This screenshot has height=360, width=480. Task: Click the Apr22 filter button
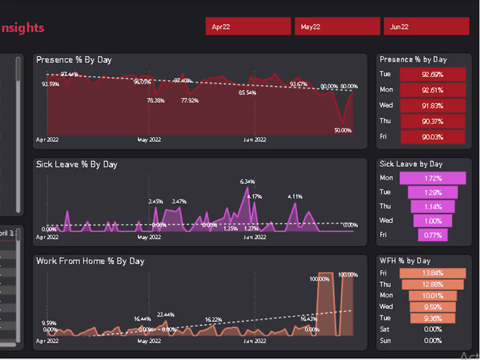(x=248, y=26)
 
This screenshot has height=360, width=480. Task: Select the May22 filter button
(x=337, y=26)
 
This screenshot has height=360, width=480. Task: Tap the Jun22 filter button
(x=426, y=26)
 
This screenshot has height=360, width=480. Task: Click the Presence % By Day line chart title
(x=74, y=60)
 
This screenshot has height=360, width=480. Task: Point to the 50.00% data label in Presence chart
(x=343, y=130)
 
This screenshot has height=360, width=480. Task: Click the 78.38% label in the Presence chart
(x=156, y=100)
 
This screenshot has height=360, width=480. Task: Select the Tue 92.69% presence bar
(x=432, y=74)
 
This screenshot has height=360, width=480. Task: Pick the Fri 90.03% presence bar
(x=432, y=137)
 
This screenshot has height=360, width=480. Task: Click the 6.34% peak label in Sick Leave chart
(x=247, y=182)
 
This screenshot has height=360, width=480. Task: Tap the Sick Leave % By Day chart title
(x=76, y=165)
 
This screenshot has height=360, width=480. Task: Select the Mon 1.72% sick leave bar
(x=432, y=178)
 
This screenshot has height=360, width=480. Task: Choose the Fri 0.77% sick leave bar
(x=432, y=235)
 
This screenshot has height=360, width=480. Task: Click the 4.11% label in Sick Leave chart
(x=295, y=197)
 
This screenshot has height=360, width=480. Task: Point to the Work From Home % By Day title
(x=90, y=261)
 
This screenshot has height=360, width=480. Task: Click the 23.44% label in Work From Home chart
(x=166, y=315)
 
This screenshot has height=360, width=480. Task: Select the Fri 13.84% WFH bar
(x=432, y=273)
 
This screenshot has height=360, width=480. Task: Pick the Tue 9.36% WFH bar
(x=432, y=319)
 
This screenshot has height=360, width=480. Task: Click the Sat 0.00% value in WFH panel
(x=432, y=329)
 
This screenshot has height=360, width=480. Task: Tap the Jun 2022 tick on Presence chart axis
(x=254, y=140)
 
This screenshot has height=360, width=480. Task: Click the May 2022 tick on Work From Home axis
(x=149, y=341)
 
